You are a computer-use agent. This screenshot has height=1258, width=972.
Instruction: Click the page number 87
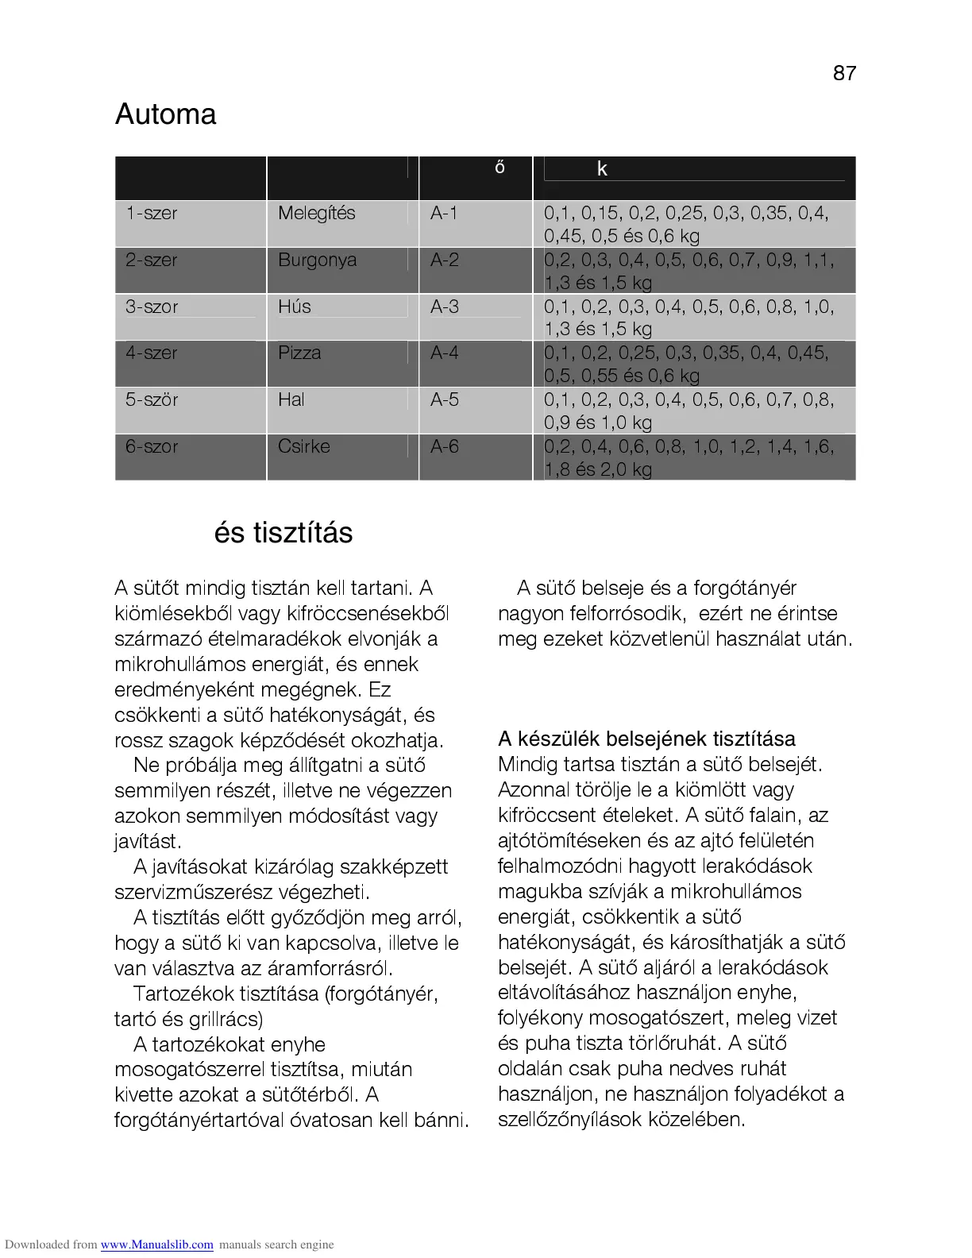(844, 73)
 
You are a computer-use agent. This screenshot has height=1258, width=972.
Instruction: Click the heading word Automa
(165, 114)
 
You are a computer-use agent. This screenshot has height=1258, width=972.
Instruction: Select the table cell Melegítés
(316, 213)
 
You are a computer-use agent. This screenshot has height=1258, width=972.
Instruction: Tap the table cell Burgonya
(317, 260)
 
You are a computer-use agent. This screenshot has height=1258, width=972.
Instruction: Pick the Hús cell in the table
(294, 307)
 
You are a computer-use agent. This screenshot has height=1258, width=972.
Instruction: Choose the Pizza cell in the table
(299, 353)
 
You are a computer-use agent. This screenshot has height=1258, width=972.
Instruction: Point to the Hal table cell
(291, 399)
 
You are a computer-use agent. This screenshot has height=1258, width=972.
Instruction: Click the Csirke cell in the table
(303, 446)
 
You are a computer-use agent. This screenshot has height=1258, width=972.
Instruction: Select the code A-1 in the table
(444, 213)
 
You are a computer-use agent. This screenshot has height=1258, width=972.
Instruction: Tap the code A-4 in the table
(444, 353)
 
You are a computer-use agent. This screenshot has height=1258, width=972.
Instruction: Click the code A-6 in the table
(444, 446)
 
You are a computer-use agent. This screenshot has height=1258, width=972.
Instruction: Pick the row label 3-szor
(152, 307)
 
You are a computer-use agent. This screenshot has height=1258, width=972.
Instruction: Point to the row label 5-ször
(152, 399)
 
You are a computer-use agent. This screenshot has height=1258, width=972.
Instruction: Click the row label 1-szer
(152, 213)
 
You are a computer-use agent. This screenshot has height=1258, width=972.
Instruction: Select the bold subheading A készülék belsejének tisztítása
(646, 739)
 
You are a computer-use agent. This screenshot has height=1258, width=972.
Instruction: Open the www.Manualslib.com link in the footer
(156, 1244)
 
